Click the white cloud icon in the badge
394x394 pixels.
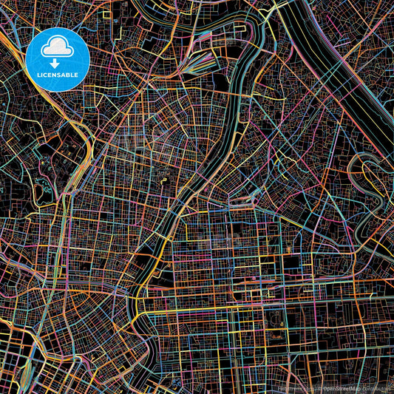click(x=58, y=48)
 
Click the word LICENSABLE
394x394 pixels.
click(x=58, y=75)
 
